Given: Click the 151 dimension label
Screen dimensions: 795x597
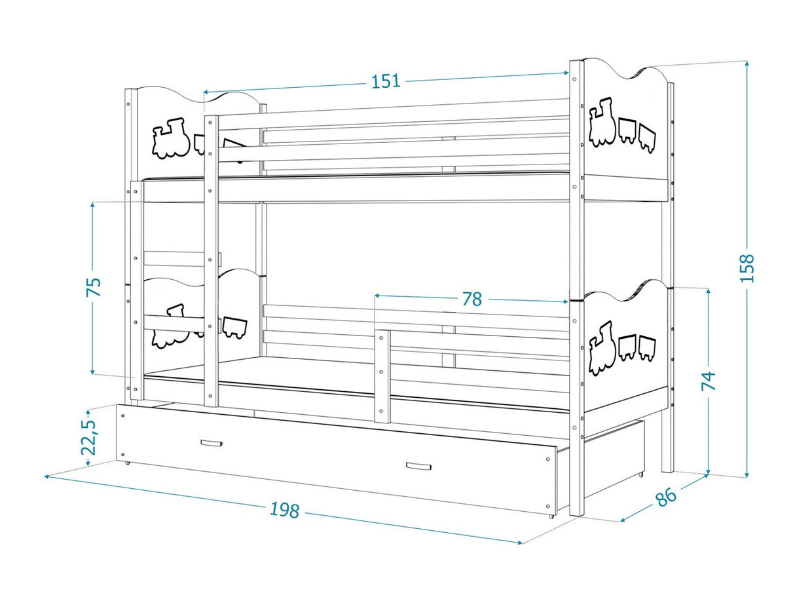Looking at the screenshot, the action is pos(386,81).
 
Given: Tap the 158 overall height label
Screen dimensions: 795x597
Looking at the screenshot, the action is pos(746,268).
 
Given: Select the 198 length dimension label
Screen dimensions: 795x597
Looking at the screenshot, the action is pos(285,510).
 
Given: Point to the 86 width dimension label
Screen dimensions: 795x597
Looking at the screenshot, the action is pos(666,496).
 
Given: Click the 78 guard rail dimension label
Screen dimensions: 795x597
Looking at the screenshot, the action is pos(472,299).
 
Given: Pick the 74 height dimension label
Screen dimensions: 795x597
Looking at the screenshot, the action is pos(709,381).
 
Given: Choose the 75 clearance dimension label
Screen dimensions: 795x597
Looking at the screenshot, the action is pos(94,287).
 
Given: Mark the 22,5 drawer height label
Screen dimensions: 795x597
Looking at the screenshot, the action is pos(89,437).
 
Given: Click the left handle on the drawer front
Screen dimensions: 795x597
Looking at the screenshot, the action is pos(212,443).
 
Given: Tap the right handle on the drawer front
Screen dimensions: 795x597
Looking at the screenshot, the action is pos(418,466).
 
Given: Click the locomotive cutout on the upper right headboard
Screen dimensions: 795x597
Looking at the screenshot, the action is pos(602,122).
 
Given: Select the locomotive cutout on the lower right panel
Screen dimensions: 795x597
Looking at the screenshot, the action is pos(602,347).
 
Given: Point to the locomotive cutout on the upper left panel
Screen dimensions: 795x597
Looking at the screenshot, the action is pos(171,138).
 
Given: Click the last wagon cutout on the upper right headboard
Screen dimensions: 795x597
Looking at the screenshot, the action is pos(647,138).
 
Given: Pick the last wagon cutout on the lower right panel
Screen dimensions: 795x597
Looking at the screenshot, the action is pos(647,349).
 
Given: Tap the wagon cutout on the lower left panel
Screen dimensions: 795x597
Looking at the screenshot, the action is pos(234,327).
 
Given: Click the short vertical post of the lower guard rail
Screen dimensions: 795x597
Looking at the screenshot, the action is pos(382,376).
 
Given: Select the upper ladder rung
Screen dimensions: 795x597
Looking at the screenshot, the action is pos(174,259).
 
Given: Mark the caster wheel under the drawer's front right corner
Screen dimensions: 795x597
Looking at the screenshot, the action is pos(551,516).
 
